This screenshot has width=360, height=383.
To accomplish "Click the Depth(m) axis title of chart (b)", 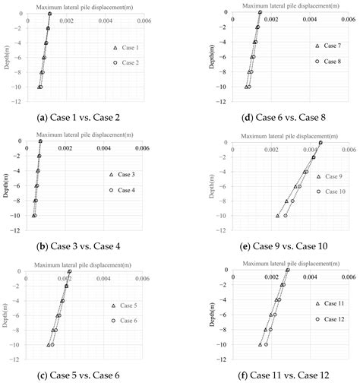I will click(x=7, y=185).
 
